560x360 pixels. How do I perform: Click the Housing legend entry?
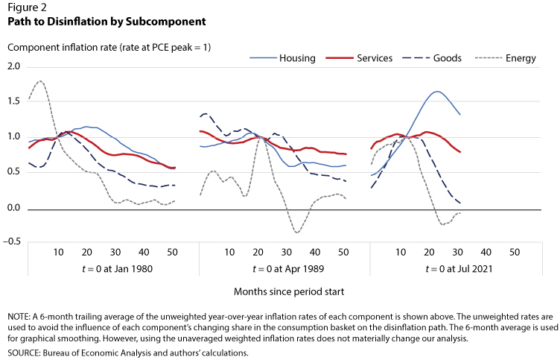point(282,58)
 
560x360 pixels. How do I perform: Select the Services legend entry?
point(359,58)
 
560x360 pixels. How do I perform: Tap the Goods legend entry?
point(432,58)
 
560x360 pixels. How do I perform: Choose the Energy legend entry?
point(506,58)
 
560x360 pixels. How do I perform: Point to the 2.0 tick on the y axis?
point(13,66)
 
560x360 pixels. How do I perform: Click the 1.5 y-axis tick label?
point(13,101)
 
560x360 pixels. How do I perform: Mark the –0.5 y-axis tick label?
point(11,241)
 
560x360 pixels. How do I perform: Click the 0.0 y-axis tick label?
point(13,208)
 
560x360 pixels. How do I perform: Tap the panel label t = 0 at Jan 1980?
point(117,269)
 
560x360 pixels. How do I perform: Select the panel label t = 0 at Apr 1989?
point(288,269)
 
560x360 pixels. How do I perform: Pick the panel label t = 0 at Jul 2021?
point(459,269)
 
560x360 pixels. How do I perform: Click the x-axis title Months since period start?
point(289,291)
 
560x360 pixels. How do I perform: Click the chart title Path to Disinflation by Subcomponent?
point(106,22)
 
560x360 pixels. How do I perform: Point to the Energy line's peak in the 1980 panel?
point(40,81)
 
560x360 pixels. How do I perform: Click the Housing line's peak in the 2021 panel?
point(437,92)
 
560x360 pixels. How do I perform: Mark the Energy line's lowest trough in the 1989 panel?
point(297,233)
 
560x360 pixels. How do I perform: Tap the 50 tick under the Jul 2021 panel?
point(515,253)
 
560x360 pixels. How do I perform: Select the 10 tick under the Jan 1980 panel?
point(59,253)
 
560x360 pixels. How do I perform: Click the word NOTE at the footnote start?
point(19,317)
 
